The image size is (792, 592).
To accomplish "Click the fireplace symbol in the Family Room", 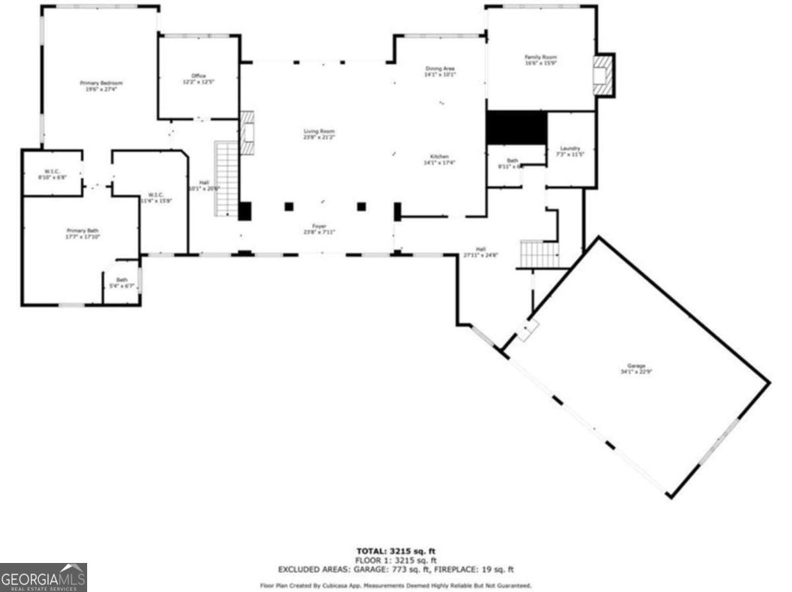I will coord(602,74).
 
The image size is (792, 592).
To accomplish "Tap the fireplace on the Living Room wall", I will coord(248,132).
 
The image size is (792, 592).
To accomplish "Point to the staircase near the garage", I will coord(539,254).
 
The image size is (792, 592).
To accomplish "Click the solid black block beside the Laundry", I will coord(516,127).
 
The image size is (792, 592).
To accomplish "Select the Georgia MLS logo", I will coord(44,577).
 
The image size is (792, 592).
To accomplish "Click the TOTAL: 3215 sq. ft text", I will coord(396,551).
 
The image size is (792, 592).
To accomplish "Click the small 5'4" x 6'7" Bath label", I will coord(121,282).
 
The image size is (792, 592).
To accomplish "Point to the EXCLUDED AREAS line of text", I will coord(396,569).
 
